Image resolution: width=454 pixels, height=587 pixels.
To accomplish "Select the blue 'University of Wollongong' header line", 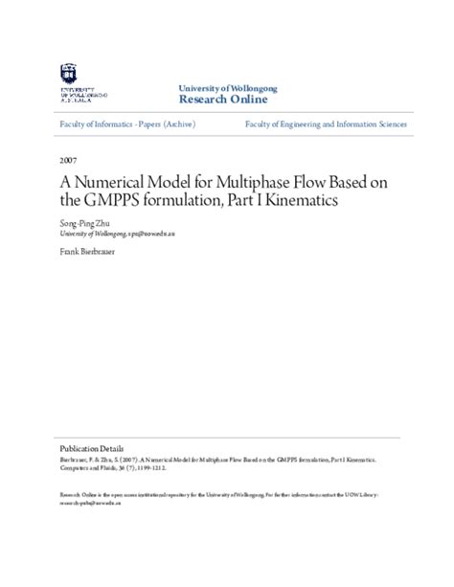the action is (228, 87).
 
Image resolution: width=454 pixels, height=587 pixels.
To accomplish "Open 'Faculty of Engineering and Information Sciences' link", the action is (326, 124).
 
